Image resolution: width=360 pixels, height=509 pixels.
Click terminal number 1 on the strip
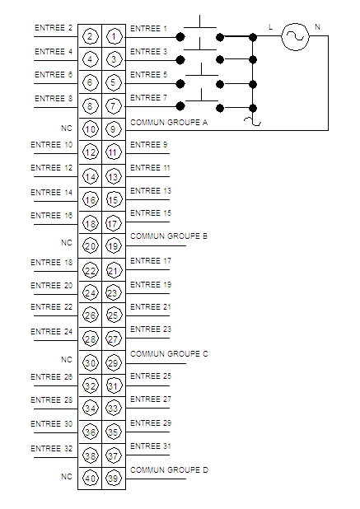(114, 36)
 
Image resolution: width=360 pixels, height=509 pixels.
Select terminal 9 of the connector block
(113, 129)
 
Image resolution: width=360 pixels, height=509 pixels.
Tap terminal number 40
(91, 479)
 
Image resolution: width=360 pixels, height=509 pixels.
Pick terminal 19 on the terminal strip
(113, 246)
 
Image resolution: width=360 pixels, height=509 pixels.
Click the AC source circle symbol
(295, 37)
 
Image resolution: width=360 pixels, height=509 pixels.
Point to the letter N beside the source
(317, 27)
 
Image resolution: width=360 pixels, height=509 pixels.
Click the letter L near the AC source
(270, 27)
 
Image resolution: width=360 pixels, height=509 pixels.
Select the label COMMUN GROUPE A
(169, 123)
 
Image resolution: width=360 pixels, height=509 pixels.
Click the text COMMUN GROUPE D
(169, 469)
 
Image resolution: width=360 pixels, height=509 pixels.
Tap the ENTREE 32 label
(52, 448)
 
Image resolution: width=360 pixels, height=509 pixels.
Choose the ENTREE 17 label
(150, 260)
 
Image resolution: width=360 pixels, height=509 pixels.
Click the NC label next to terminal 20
(67, 242)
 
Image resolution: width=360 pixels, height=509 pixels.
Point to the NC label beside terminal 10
(67, 128)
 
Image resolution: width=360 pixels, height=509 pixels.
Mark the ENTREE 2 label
(54, 28)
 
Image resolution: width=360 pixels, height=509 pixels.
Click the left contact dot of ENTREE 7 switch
(180, 105)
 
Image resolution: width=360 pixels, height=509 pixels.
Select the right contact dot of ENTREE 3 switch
(220, 60)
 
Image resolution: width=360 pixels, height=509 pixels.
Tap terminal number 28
(91, 339)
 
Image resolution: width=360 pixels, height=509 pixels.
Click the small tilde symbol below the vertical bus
(253, 121)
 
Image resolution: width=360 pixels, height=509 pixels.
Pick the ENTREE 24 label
(52, 331)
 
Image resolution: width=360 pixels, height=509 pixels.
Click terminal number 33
(113, 409)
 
